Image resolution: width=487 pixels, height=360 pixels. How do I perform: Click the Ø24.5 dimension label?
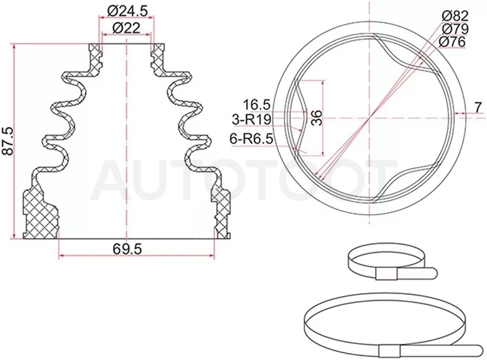126,11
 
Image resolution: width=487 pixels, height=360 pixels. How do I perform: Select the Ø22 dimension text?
126,28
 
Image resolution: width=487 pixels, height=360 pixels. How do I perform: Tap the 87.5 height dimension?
8,140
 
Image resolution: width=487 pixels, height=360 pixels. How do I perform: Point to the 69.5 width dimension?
127,249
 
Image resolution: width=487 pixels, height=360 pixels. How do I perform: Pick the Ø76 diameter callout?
452,42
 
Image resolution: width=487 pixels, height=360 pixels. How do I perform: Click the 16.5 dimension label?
257,105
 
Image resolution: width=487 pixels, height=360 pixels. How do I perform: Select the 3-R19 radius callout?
252,120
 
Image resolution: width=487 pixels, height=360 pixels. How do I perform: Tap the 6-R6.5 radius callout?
251,139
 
